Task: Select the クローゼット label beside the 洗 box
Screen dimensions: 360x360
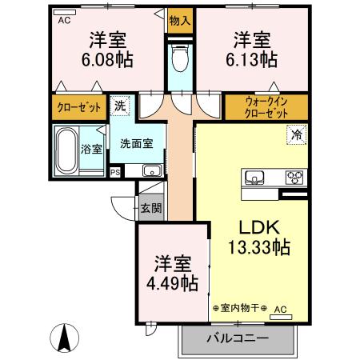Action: click(79, 106)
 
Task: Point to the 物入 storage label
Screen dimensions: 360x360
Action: click(180, 20)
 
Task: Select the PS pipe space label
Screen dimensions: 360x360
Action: click(116, 172)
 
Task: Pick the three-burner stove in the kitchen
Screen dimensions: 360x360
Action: click(294, 178)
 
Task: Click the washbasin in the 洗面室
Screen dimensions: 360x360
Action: click(150, 170)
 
